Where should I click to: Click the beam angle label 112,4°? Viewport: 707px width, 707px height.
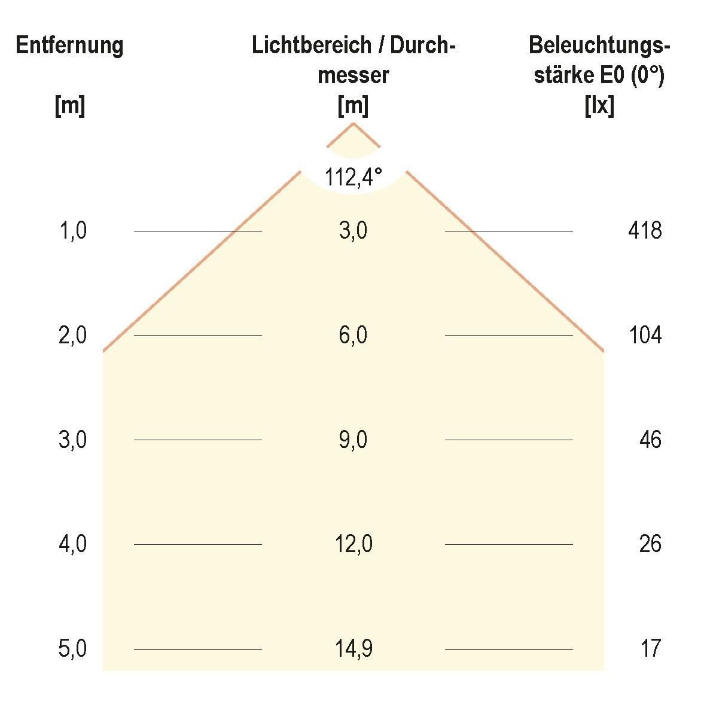pos(353,177)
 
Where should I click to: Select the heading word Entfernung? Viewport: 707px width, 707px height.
pos(69,46)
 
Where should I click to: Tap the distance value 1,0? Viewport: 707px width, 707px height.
pos(73,231)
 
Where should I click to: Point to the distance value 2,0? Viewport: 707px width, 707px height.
pos(73,336)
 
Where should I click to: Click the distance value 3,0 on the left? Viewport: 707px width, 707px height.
pos(73,440)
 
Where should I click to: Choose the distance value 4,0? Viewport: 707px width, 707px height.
pos(73,544)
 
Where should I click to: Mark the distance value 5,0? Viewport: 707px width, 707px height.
pos(73,649)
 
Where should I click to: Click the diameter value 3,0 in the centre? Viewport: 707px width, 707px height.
pos(353,231)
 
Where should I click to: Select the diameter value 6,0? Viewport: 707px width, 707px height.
pos(353,336)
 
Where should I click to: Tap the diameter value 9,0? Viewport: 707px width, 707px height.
pos(353,440)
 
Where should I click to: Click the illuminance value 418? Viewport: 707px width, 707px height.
pos(645,231)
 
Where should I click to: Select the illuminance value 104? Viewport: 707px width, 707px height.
pos(645,336)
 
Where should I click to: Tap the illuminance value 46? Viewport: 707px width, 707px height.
pos(650,440)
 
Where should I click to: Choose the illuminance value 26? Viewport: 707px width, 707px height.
pos(650,544)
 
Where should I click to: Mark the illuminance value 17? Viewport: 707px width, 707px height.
pos(650,649)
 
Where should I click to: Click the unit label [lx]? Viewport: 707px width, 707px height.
pos(599,106)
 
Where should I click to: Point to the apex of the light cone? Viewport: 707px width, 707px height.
pos(353,123)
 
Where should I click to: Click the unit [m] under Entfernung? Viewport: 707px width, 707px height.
pos(69,106)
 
